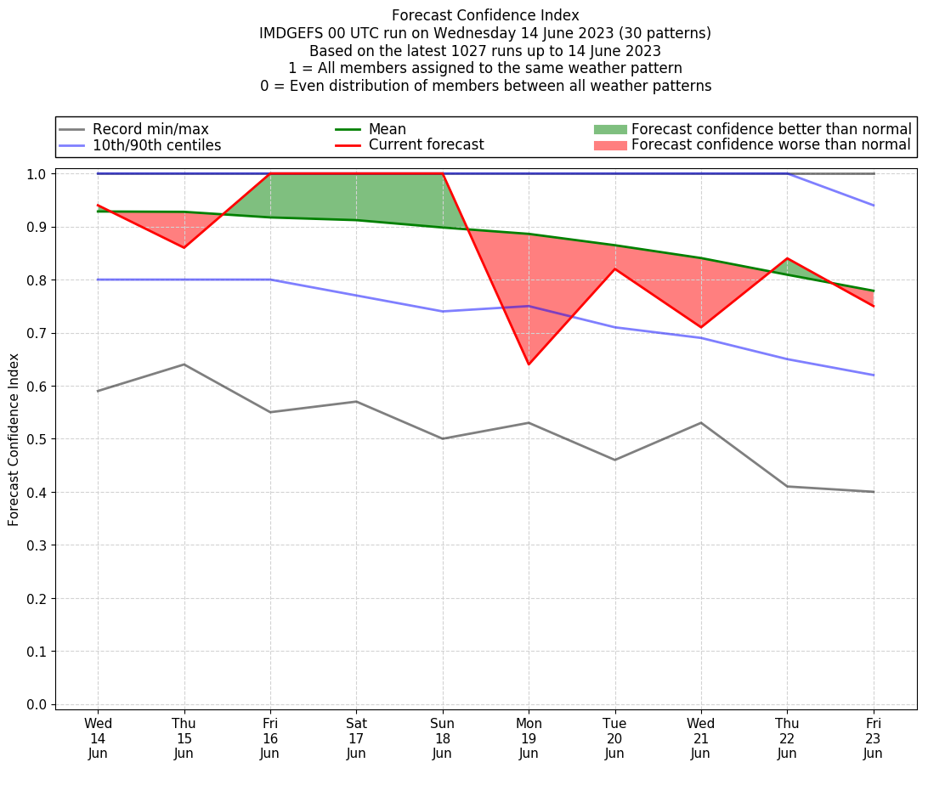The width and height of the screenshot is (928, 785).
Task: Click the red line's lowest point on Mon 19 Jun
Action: pos(529,364)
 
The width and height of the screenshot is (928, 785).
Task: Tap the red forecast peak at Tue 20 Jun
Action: pos(614,269)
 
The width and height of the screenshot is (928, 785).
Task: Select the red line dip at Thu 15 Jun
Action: pos(184,247)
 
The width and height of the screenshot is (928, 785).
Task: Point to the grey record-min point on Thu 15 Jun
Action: pos(184,364)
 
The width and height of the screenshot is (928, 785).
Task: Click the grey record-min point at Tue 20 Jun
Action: pos(614,460)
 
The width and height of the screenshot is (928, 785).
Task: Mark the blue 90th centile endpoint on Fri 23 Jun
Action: pos(873,206)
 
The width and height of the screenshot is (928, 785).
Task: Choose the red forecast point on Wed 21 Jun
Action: pos(701,327)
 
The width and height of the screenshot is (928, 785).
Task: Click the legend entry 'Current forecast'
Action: pos(426,145)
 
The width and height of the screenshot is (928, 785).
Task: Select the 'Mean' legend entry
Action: pos(387,129)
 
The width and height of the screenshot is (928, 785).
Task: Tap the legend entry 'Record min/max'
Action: pos(150,129)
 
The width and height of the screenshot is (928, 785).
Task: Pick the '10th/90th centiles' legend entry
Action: pos(156,145)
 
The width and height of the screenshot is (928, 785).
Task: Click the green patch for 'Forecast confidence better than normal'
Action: pos(609,129)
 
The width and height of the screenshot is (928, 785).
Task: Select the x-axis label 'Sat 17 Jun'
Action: pos(356,738)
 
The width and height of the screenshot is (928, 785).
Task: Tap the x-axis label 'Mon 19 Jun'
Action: pos(529,738)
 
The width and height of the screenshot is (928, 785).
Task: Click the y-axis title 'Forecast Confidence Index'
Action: pos(14,439)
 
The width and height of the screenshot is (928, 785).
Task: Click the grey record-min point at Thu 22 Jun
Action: pos(787,486)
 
